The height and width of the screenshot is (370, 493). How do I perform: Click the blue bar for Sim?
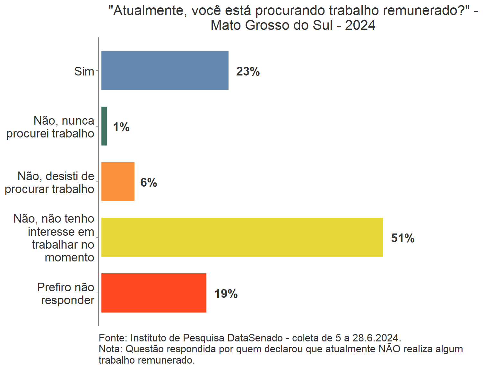165,70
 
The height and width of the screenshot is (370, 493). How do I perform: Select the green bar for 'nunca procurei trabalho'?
104,126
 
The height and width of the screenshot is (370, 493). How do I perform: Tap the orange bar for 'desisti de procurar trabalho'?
118,181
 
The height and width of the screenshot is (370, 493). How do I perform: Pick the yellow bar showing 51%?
242,237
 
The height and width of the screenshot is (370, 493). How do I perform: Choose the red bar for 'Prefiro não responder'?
154,293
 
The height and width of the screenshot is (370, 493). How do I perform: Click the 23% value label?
248,71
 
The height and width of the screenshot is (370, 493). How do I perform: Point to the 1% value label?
121,127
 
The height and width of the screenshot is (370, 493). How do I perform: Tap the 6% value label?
149,182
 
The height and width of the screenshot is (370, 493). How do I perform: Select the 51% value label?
402,238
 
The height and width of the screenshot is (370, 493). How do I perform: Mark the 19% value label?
226,294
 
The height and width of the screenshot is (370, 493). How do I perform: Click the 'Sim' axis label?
84,71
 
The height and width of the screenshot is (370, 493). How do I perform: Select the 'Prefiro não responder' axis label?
66,294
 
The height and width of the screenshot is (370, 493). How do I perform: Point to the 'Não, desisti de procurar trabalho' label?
49,182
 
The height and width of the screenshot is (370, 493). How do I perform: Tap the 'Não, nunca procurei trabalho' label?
50,127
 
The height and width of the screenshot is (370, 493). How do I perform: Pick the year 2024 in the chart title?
360,25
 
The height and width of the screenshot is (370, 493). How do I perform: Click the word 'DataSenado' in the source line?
255,338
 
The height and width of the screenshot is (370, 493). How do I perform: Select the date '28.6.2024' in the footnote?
376,338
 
